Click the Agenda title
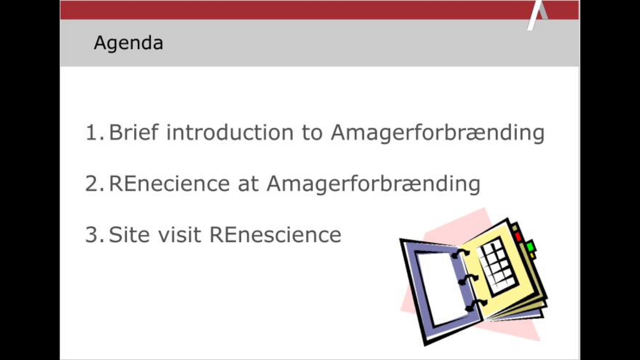(128, 43)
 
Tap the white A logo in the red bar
(537, 15)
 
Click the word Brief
(133, 132)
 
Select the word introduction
(230, 132)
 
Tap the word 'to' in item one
(312, 132)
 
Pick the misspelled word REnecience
(169, 184)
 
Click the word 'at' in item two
(248, 184)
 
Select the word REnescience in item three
(275, 235)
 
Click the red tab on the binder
(518, 237)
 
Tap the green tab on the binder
(530, 247)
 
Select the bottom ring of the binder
(475, 305)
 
